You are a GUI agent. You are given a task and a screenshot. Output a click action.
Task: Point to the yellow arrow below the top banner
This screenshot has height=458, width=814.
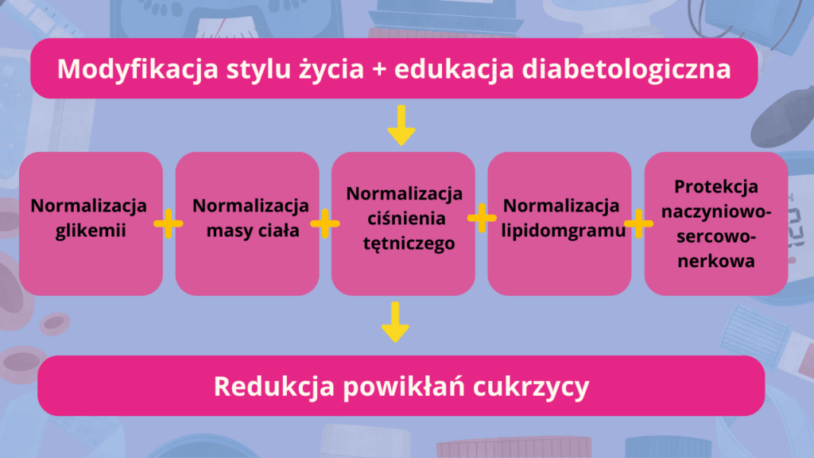click(401, 126)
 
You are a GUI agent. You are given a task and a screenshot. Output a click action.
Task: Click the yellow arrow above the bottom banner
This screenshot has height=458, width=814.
click(395, 323)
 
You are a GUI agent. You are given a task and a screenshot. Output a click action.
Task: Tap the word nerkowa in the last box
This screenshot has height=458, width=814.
click(715, 261)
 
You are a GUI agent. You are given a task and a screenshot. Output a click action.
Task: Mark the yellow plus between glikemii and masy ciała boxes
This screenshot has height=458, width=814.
click(168, 224)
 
